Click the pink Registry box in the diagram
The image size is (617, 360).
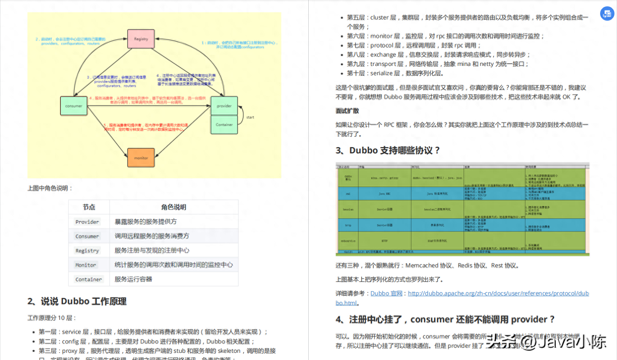pos(141,39)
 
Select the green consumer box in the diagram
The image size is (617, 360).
pos(74,106)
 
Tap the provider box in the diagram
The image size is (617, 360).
pos(224,106)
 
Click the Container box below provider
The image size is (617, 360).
pos(224,125)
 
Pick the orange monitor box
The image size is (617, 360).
pos(141,158)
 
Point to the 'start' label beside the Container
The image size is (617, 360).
pos(250,117)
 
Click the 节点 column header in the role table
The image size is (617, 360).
pos(89,207)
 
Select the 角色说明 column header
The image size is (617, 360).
pos(174,207)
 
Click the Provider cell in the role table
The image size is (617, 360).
pos(87,222)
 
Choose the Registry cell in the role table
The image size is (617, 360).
pos(87,251)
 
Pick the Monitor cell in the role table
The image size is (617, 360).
pos(86,265)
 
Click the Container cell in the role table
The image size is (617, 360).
pos(89,279)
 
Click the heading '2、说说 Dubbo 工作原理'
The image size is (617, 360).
pos(77,301)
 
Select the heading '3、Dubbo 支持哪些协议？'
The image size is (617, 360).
pos(388,150)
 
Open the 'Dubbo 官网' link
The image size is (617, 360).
pos(386,293)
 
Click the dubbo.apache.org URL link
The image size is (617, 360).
pos(498,293)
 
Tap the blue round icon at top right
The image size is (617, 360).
pos(607,14)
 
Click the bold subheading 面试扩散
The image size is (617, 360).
pos(347,111)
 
